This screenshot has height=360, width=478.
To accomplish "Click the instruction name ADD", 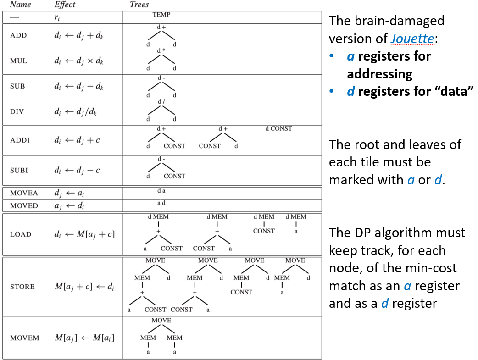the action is (x=18, y=35).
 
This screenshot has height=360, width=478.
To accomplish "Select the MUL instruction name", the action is (x=19, y=61).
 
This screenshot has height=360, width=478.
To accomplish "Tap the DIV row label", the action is (x=17, y=111).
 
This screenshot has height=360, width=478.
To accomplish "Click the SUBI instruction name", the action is (x=19, y=170).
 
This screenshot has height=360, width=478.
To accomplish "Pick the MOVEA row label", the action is (x=24, y=193).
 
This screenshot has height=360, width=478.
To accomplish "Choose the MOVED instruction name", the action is (x=24, y=206).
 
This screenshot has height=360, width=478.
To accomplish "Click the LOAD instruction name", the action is (x=21, y=234).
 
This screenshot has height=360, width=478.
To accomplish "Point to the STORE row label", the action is (x=22, y=287).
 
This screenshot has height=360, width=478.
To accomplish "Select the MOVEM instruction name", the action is (x=24, y=338).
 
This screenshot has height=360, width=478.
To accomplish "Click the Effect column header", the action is (x=65, y=5).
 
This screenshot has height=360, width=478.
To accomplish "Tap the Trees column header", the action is (x=139, y=5).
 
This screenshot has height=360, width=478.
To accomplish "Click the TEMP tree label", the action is (x=161, y=15).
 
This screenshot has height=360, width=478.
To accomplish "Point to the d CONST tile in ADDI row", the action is (x=278, y=128).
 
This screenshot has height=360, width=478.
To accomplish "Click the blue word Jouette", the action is (x=412, y=39).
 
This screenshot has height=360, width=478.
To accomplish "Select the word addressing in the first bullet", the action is (x=379, y=74).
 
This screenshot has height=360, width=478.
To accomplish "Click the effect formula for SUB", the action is (x=78, y=87).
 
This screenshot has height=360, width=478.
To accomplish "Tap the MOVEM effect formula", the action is (x=84, y=338).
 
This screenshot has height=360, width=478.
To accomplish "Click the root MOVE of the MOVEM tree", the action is (x=161, y=321).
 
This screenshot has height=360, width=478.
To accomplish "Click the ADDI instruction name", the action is (x=20, y=140).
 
